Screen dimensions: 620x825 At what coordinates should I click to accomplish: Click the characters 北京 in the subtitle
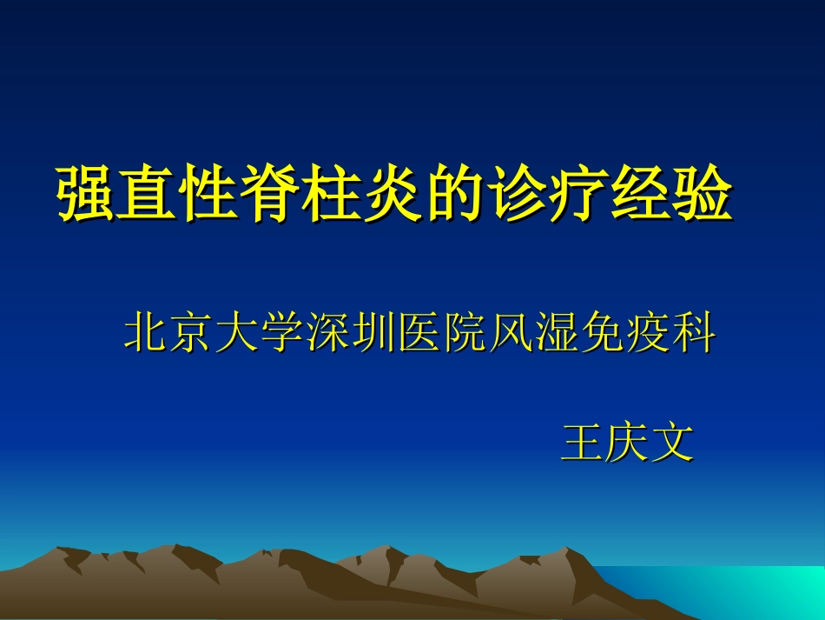pyautogui.click(x=170, y=334)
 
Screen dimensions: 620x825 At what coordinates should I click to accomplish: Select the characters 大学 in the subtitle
pyautogui.click(x=261, y=334)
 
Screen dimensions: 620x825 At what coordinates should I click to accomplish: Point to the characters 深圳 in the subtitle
pyautogui.click(x=352, y=334)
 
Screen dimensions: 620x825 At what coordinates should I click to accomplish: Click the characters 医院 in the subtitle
pyautogui.click(x=443, y=334)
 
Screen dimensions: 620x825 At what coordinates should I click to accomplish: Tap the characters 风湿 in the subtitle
pyautogui.click(x=534, y=334)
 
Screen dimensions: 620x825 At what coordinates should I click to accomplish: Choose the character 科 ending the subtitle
pyautogui.click(x=693, y=334)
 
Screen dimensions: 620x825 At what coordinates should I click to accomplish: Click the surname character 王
pyautogui.click(x=584, y=443)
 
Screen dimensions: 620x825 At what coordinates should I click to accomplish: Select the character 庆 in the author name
pyautogui.click(x=629, y=443)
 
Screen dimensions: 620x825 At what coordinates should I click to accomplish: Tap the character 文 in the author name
pyautogui.click(x=674, y=443)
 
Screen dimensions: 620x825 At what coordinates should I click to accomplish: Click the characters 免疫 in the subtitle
pyautogui.click(x=625, y=334)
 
